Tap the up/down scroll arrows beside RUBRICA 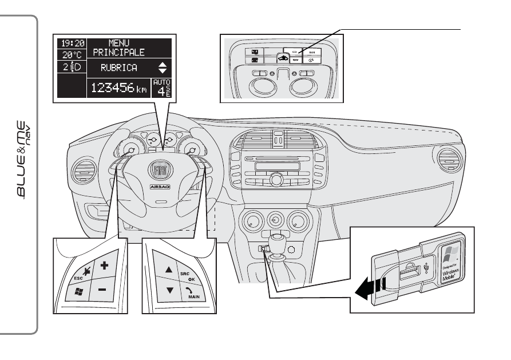tap(163, 68)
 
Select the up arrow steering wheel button tap(169, 268)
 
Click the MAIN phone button tap(190, 292)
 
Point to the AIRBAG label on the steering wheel tap(159, 187)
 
